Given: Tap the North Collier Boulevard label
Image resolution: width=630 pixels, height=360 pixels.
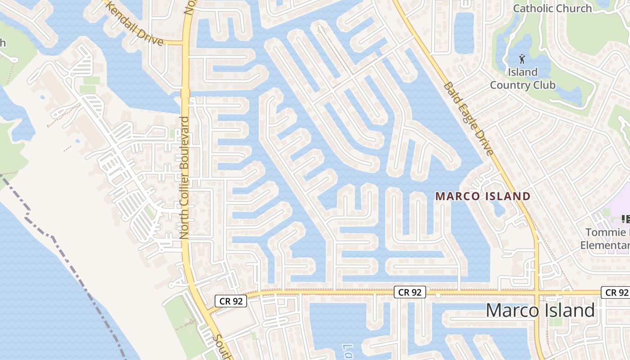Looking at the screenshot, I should pos(184,178).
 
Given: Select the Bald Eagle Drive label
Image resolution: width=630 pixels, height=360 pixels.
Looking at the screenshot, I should pos(468,118).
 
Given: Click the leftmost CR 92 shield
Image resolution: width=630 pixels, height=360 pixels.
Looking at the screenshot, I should pos(231,301).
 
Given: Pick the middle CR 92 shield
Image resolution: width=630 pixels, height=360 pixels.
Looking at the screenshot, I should pos(410,292).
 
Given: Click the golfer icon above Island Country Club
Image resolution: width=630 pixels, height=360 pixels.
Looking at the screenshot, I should pos(522,58).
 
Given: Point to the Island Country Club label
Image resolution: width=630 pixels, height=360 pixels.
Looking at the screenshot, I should pos(522,79).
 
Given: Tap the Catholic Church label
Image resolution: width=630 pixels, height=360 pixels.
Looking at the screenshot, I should pos(553,8).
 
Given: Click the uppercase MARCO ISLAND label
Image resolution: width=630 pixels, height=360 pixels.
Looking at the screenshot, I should pos(483,196).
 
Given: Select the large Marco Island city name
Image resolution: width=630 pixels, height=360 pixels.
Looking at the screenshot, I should pos(540,310).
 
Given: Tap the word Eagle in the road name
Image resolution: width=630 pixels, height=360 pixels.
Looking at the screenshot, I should pos(469,119).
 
